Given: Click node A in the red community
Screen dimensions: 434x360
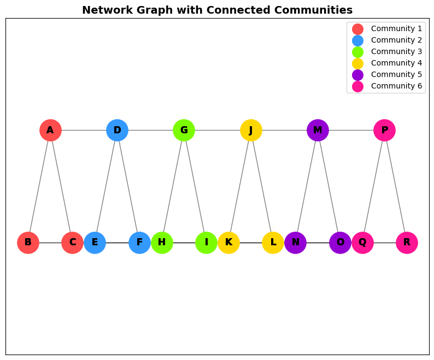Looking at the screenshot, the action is click(50, 130).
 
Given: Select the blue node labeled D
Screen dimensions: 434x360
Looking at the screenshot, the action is click(117, 130).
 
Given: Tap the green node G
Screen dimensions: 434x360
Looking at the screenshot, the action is click(184, 130).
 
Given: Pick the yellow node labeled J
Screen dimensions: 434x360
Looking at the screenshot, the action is click(251, 130).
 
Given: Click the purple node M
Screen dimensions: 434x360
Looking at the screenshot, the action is click(318, 130).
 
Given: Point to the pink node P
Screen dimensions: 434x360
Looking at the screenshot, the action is click(384, 130).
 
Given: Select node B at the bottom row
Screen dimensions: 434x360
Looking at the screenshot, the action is click(28, 243).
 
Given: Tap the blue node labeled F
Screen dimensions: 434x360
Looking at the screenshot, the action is click(139, 243).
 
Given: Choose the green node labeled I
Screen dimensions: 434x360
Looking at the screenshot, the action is click(206, 243).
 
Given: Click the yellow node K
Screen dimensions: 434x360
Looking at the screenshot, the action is click(228, 243).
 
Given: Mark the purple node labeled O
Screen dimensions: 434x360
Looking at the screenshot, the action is click(340, 243).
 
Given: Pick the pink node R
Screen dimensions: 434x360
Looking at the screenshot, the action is click(407, 243).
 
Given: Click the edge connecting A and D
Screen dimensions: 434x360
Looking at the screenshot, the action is click(84, 130).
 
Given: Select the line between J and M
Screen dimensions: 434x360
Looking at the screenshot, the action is click(284, 130).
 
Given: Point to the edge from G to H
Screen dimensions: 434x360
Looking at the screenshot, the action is click(173, 186).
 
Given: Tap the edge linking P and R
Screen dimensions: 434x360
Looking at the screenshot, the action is click(396, 186).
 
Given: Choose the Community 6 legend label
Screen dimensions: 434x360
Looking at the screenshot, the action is click(396, 86).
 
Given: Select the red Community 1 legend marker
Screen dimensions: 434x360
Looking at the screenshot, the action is click(357, 29).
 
